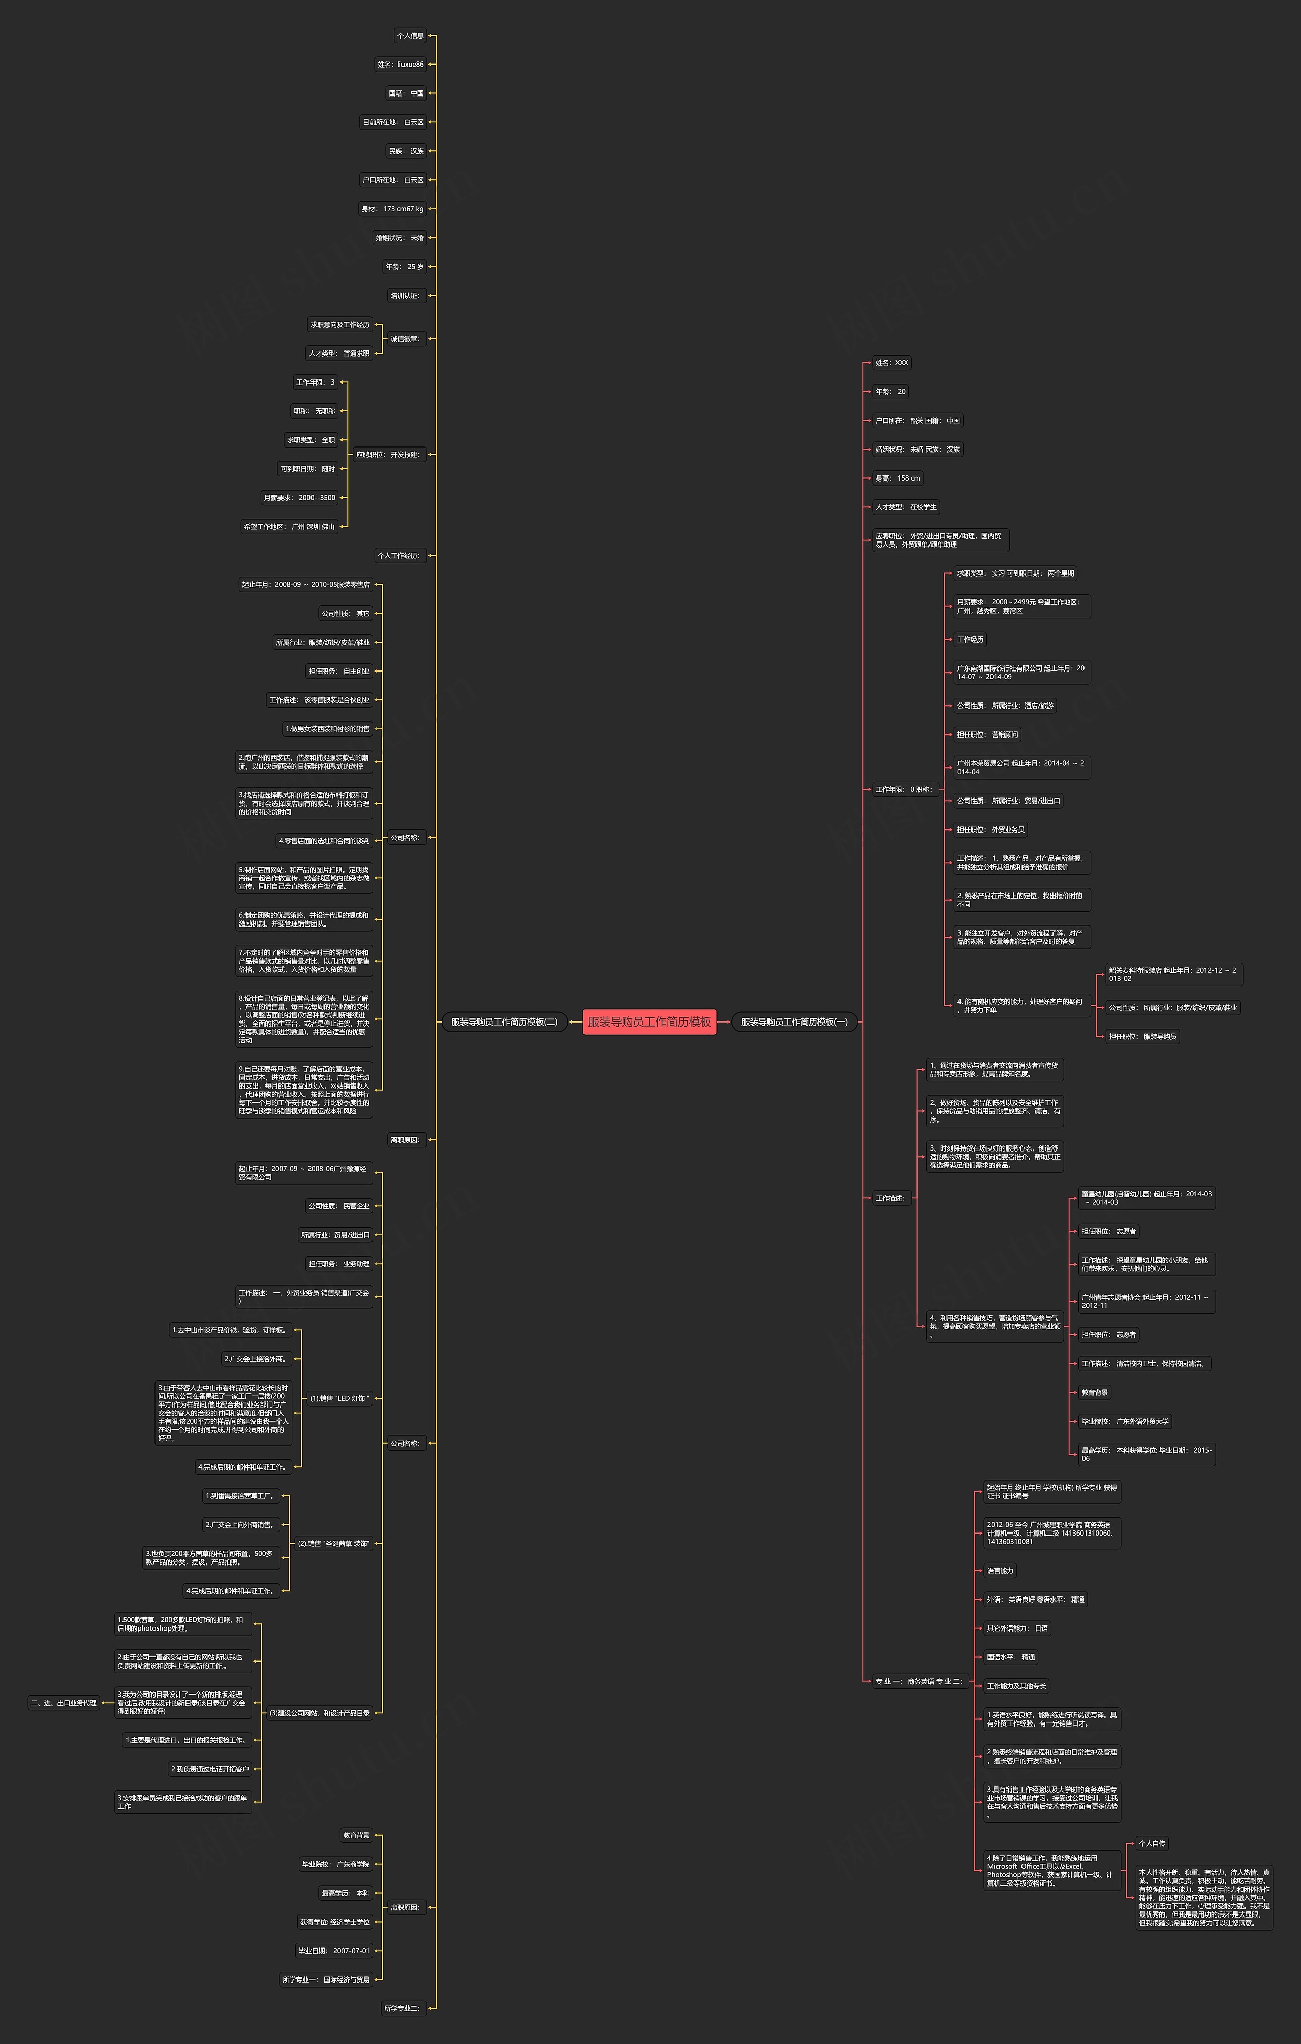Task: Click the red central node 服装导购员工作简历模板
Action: click(649, 1022)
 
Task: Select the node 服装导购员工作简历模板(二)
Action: click(504, 1022)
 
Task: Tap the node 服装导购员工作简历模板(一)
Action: click(794, 1022)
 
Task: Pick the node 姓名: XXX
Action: click(892, 363)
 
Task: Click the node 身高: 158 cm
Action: click(897, 478)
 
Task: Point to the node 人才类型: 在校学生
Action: click(906, 507)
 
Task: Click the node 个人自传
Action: click(1153, 1844)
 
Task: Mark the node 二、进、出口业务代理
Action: click(64, 1703)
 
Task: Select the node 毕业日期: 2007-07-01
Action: click(334, 1951)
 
